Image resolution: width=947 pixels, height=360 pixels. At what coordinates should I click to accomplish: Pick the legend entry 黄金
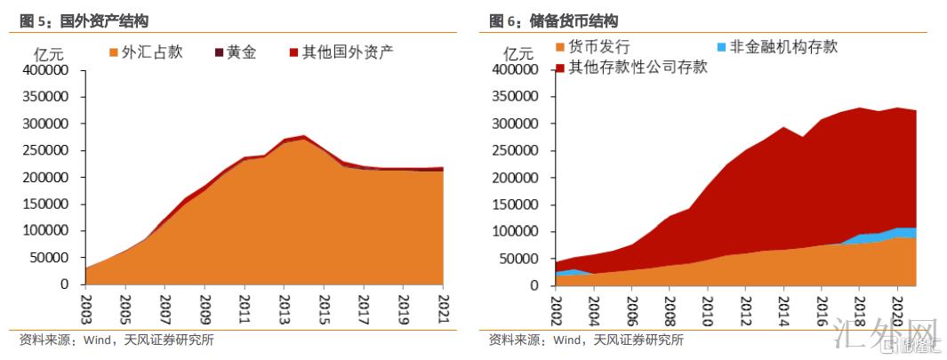point(233,52)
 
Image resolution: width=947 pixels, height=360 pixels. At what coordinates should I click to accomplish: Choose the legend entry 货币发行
point(592,47)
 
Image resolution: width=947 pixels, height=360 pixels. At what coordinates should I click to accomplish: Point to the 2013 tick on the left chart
point(284,302)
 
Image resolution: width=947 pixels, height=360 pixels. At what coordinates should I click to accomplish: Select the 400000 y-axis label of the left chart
point(48,69)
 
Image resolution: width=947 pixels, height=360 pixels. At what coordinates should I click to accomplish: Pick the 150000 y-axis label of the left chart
point(48,204)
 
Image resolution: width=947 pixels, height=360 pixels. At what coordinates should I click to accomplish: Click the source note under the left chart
point(116,340)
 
